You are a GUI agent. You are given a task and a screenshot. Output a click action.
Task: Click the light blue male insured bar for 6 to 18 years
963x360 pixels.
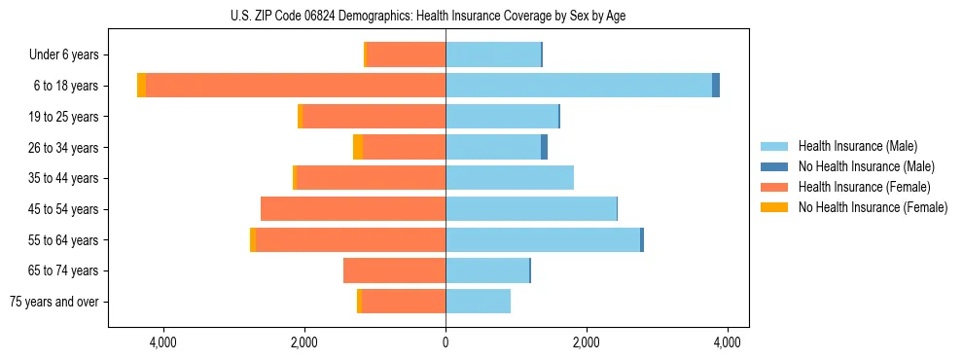point(579,86)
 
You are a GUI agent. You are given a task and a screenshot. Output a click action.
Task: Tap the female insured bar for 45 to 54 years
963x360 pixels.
point(353,209)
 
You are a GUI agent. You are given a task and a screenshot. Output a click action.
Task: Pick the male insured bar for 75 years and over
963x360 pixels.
point(478,302)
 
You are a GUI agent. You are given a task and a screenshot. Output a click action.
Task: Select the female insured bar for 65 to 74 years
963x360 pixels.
point(394,270)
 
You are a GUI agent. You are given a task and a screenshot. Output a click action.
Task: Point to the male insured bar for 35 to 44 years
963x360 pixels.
point(510,178)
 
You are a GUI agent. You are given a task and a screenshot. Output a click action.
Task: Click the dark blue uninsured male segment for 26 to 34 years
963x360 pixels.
point(545,148)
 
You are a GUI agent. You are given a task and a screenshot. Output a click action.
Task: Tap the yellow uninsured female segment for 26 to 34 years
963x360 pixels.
point(358,148)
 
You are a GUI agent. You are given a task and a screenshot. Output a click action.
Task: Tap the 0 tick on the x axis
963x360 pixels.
point(446,342)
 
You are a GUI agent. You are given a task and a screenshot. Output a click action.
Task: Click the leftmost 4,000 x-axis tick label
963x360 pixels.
point(162,342)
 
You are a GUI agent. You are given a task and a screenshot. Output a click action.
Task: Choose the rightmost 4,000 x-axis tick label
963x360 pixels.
point(728,342)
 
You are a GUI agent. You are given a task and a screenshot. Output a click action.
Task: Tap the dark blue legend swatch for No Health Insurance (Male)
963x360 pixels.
point(775,166)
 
